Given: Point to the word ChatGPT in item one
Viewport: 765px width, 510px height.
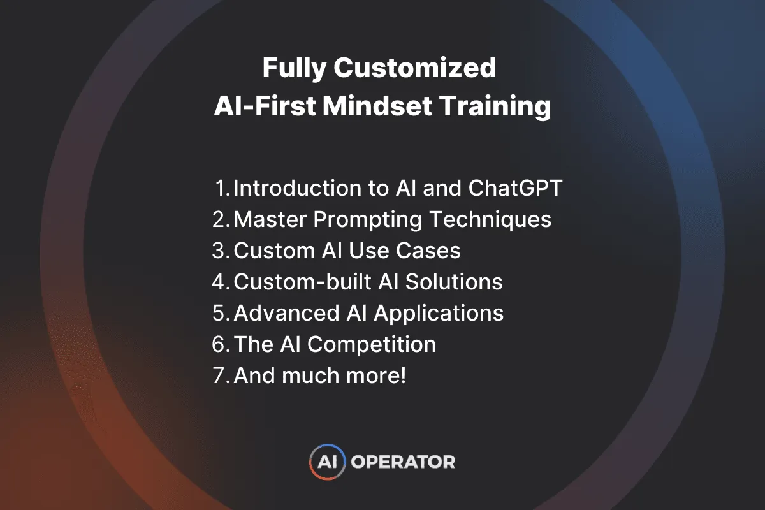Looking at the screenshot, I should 516,189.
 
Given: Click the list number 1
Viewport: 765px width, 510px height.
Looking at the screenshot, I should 222,189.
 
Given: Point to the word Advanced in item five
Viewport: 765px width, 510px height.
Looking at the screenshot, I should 281,313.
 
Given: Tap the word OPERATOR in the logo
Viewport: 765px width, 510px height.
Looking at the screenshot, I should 403,462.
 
